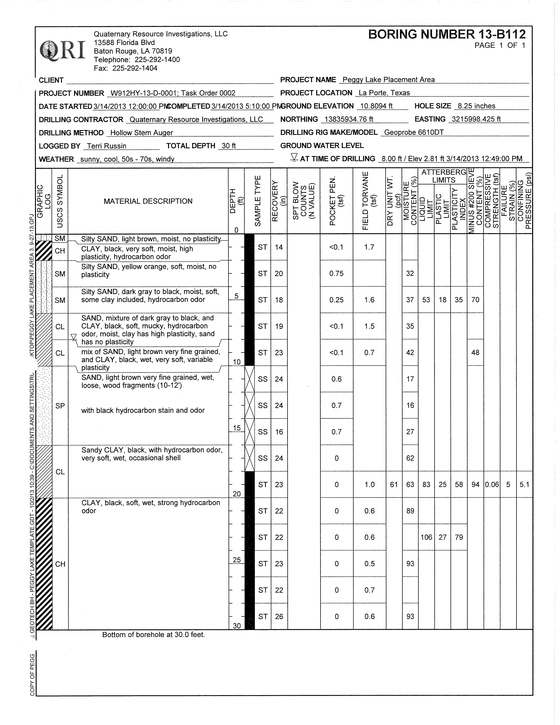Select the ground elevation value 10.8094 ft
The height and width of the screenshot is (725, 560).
pos(376,106)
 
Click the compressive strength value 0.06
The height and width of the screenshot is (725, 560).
pos(492,485)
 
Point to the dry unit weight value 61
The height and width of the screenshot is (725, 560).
pos(394,485)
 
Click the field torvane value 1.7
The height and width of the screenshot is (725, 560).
pos(369,247)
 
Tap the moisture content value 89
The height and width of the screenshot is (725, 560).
pos(410,511)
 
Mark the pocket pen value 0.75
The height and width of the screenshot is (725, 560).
pos(337,274)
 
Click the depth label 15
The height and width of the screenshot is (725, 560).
pos(236,428)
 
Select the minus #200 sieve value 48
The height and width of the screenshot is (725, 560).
pos(475,353)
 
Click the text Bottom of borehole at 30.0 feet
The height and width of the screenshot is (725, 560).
pos(153,635)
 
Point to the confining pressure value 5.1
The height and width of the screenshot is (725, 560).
pos(524,485)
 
